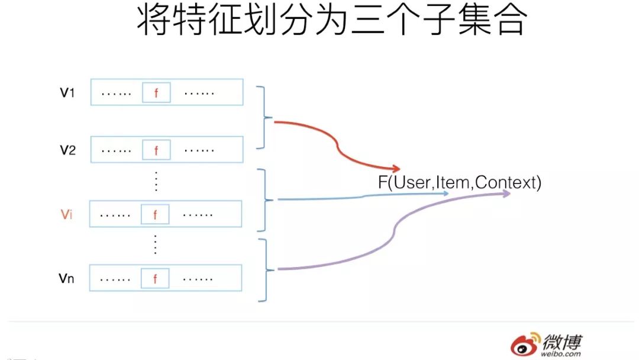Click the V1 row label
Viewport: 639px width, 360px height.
[x=67, y=93]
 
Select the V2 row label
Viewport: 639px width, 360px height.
[x=67, y=150]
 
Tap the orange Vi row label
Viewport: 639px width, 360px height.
[x=66, y=214]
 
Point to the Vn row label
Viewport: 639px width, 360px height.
[x=66, y=278]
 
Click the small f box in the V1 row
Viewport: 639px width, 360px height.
[x=156, y=93]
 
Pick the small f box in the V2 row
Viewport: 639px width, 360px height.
[x=156, y=150]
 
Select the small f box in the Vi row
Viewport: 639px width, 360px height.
[x=155, y=214]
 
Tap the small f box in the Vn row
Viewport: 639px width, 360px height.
[x=155, y=278]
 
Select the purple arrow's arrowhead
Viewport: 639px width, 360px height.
[x=506, y=193]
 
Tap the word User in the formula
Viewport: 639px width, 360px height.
[x=413, y=182]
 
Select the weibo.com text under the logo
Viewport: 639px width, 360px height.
[x=561, y=354]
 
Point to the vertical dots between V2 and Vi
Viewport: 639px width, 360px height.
[x=156, y=180]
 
